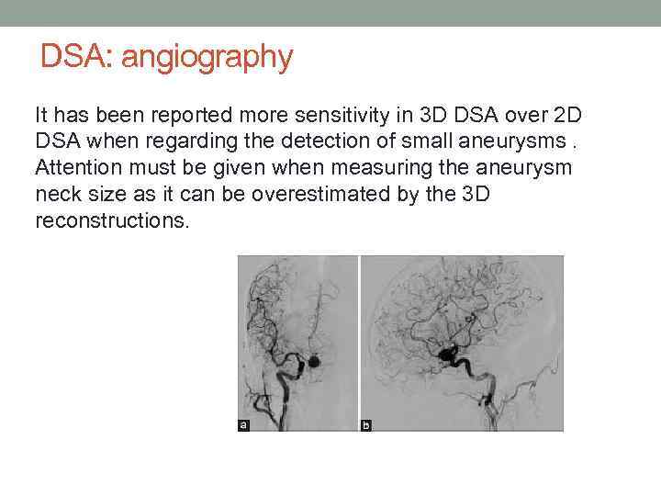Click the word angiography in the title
pos(207,57)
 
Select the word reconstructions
pos(110,222)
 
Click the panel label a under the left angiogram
pos(243,424)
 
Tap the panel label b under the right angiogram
pos(366,424)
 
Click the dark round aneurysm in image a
pos(314,362)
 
